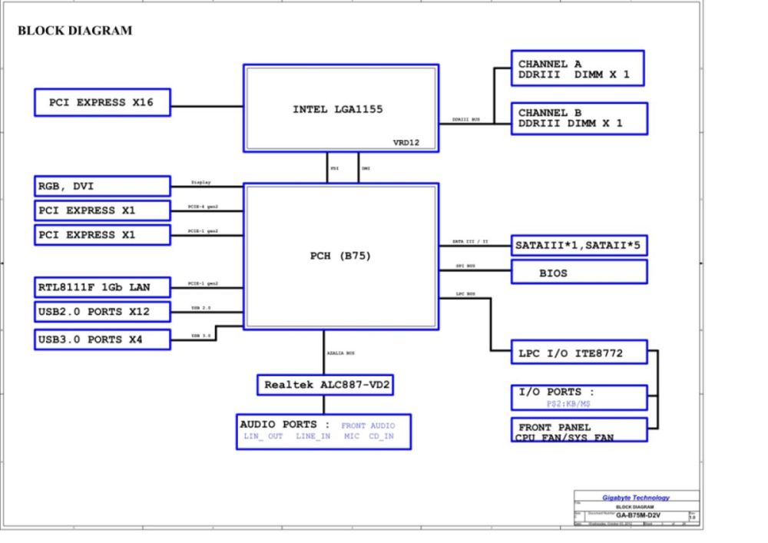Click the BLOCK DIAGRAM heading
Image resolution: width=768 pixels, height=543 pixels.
pyautogui.click(x=74, y=31)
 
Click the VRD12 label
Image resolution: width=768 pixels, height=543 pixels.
pyautogui.click(x=406, y=142)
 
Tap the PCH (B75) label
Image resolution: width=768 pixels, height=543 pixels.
pyautogui.click(x=341, y=256)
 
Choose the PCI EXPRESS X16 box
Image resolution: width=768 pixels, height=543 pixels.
pyautogui.click(x=102, y=102)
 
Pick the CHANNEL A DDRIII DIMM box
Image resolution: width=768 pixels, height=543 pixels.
pyautogui.click(x=578, y=69)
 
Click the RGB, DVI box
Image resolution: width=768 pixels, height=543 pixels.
pyautogui.click(x=102, y=186)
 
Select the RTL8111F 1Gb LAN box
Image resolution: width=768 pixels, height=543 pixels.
pyautogui.click(x=102, y=288)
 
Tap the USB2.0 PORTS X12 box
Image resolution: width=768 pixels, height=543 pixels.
pyautogui.click(x=102, y=313)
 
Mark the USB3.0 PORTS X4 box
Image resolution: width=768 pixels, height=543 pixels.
pyautogui.click(x=102, y=339)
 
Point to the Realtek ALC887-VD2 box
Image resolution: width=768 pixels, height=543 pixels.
pyautogui.click(x=325, y=385)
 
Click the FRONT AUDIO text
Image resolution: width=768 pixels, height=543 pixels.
pyautogui.click(x=368, y=425)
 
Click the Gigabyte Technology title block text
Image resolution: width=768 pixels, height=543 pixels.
pyautogui.click(x=635, y=498)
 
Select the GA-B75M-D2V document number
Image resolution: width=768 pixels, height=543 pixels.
pyautogui.click(x=640, y=515)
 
